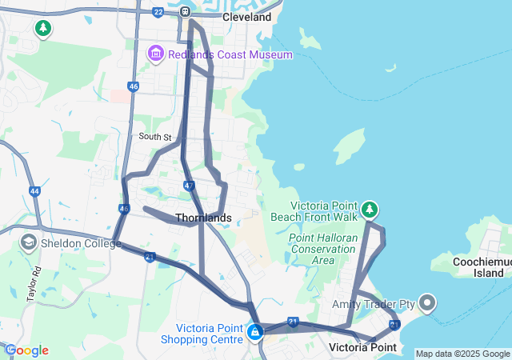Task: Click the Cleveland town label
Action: click(246, 17)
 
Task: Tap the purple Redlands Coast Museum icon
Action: click(155, 54)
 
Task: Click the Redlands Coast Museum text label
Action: click(230, 54)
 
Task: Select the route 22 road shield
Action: click(158, 12)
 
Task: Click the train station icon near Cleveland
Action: click(185, 12)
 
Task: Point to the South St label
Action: click(154, 138)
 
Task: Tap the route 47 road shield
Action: click(188, 186)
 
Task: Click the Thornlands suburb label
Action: click(203, 218)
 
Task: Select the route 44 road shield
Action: click(34, 191)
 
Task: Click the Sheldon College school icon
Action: click(29, 242)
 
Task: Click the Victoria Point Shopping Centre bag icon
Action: click(255, 331)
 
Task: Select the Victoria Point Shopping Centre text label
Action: click(209, 333)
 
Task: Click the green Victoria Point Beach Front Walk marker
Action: click(369, 210)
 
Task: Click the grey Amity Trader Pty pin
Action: click(427, 303)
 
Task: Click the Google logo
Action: click(26, 350)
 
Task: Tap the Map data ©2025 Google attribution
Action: click(462, 354)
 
